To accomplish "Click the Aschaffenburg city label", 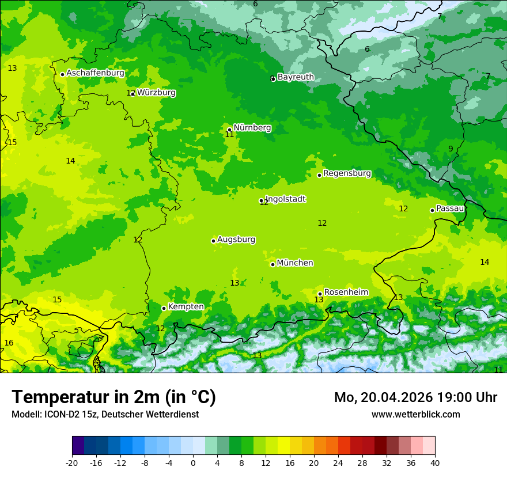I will (95, 73).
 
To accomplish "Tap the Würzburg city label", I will (156, 93).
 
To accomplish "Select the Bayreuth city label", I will (296, 77).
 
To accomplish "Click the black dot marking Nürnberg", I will (229, 130).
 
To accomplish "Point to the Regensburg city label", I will (347, 173).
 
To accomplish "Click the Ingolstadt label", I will (285, 199).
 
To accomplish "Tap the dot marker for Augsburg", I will (213, 241).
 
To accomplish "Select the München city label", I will (295, 263).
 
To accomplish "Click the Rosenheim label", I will (346, 293).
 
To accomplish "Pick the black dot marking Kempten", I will (164, 308).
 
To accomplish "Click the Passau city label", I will (450, 208).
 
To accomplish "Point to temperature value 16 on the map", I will (9, 343).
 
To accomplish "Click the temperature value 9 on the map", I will (451, 149).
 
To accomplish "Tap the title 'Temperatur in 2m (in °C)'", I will (113, 397).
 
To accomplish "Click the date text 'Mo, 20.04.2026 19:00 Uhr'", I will (415, 397).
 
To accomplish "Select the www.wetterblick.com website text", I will (415, 415).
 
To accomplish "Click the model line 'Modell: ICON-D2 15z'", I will (105, 415).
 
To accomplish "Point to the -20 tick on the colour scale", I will (72, 463).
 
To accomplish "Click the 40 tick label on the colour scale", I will (435, 463).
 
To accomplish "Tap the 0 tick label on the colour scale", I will (193, 463).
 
